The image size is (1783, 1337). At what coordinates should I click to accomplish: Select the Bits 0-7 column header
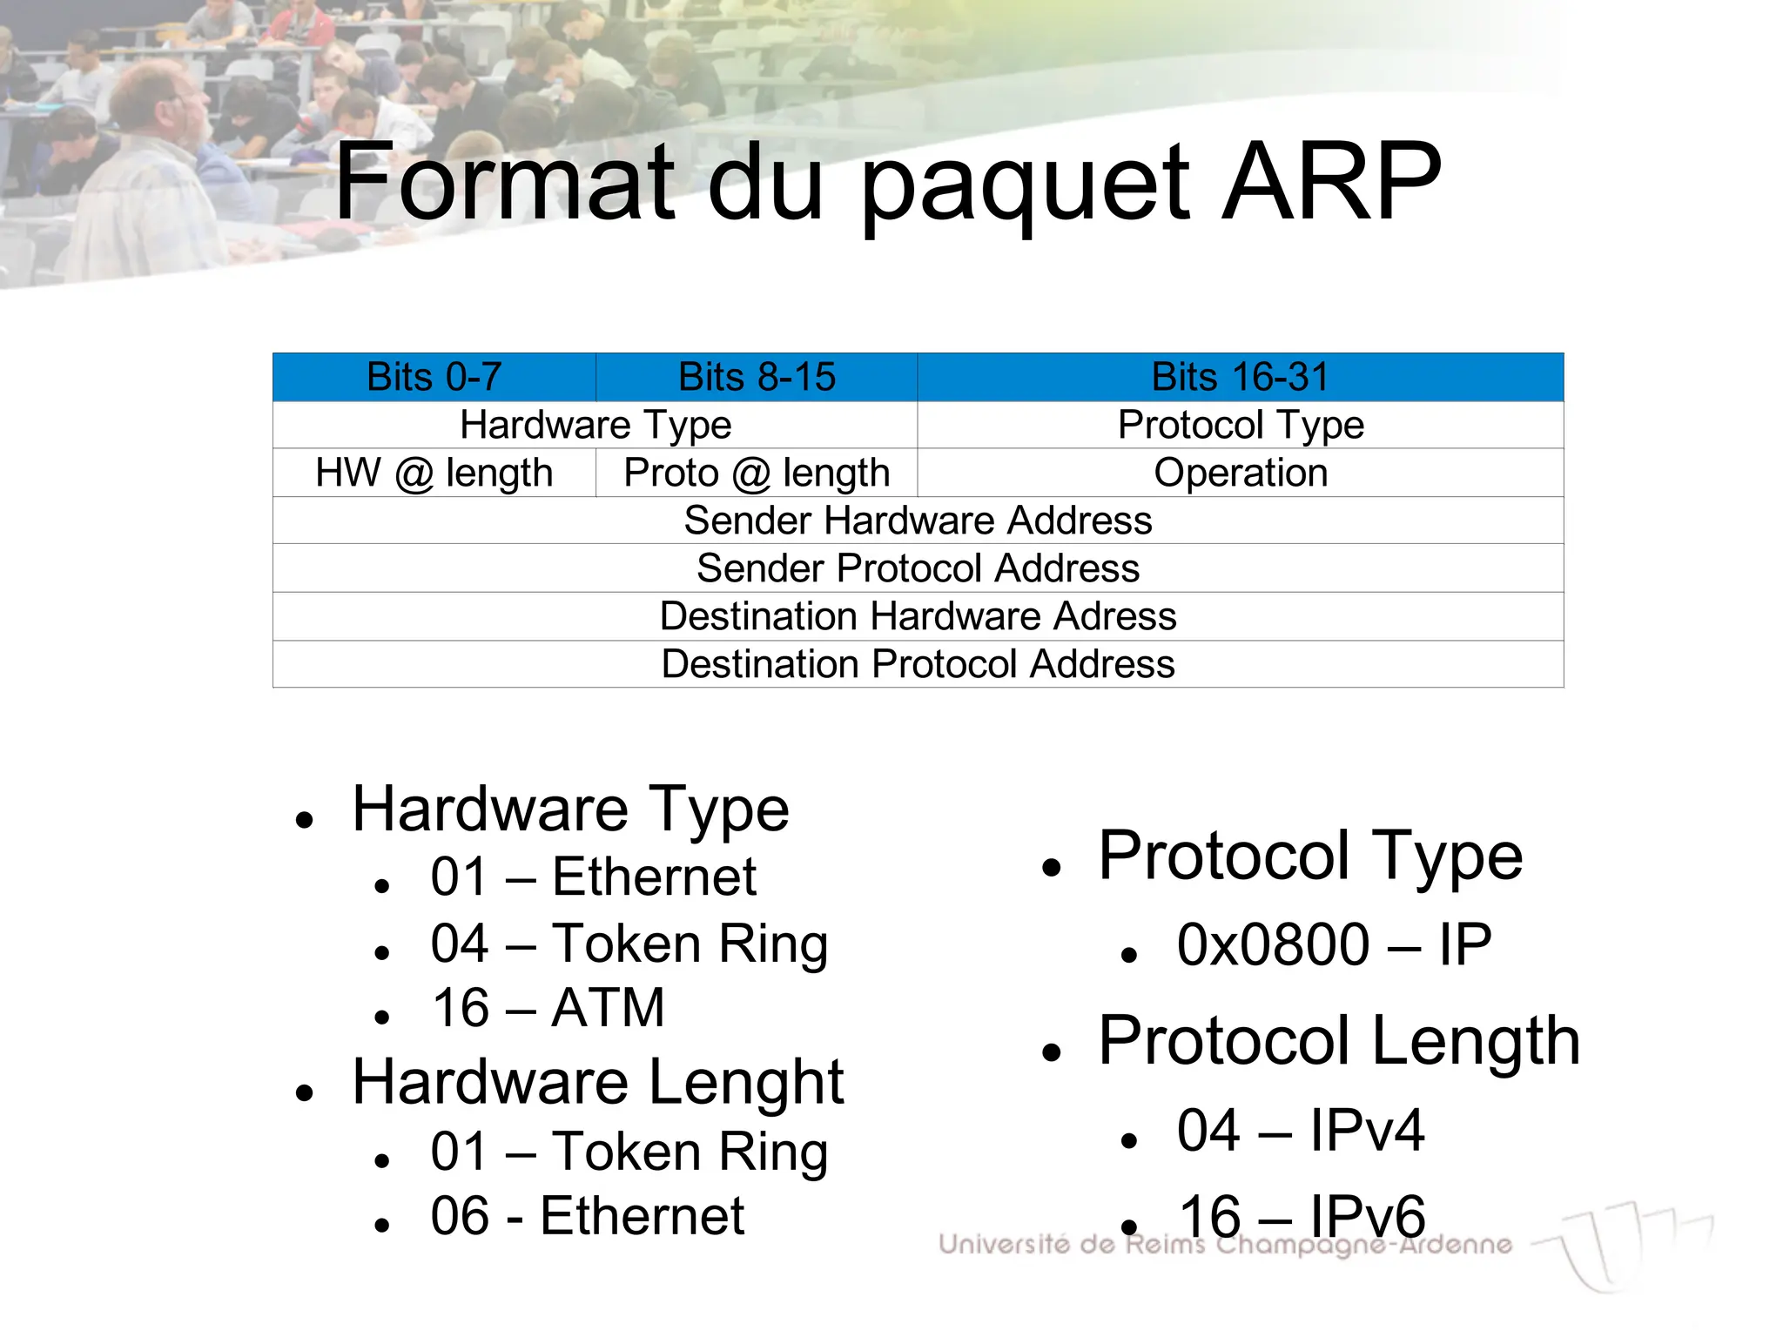434,377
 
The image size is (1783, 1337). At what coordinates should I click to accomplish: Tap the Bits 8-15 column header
757,377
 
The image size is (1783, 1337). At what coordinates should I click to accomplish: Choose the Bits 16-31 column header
1240,377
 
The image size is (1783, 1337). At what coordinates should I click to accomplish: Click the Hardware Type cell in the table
595,425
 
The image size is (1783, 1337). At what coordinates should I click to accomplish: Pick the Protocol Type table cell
1240,425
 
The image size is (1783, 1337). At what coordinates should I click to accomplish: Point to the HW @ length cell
434,473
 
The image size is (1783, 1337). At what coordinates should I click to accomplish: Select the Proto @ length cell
757,473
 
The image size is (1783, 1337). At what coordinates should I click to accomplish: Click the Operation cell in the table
1240,473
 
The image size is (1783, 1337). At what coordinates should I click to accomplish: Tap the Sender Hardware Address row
918,521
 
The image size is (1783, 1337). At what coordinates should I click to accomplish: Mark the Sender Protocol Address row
918,568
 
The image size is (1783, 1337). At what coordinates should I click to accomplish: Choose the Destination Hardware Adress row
918,616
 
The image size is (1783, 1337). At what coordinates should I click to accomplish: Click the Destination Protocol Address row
918,664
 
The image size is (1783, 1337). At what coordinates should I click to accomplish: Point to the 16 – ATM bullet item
548,1008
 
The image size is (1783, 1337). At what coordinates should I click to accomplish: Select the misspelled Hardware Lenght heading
597,1082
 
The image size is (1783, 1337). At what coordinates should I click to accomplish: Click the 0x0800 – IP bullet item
1334,944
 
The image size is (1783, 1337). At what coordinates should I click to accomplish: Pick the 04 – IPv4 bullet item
1301,1130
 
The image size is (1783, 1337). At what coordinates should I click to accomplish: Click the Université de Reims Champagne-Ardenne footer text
1225,1245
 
